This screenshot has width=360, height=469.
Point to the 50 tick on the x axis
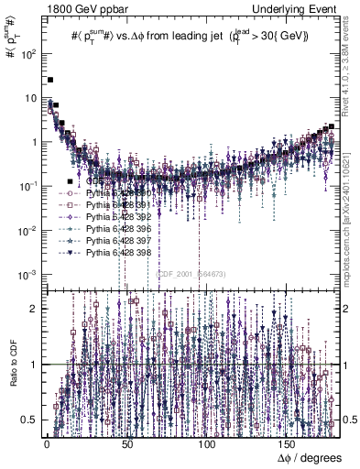click(x=126, y=441)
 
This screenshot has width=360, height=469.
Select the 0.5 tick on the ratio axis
click(x=36, y=419)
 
